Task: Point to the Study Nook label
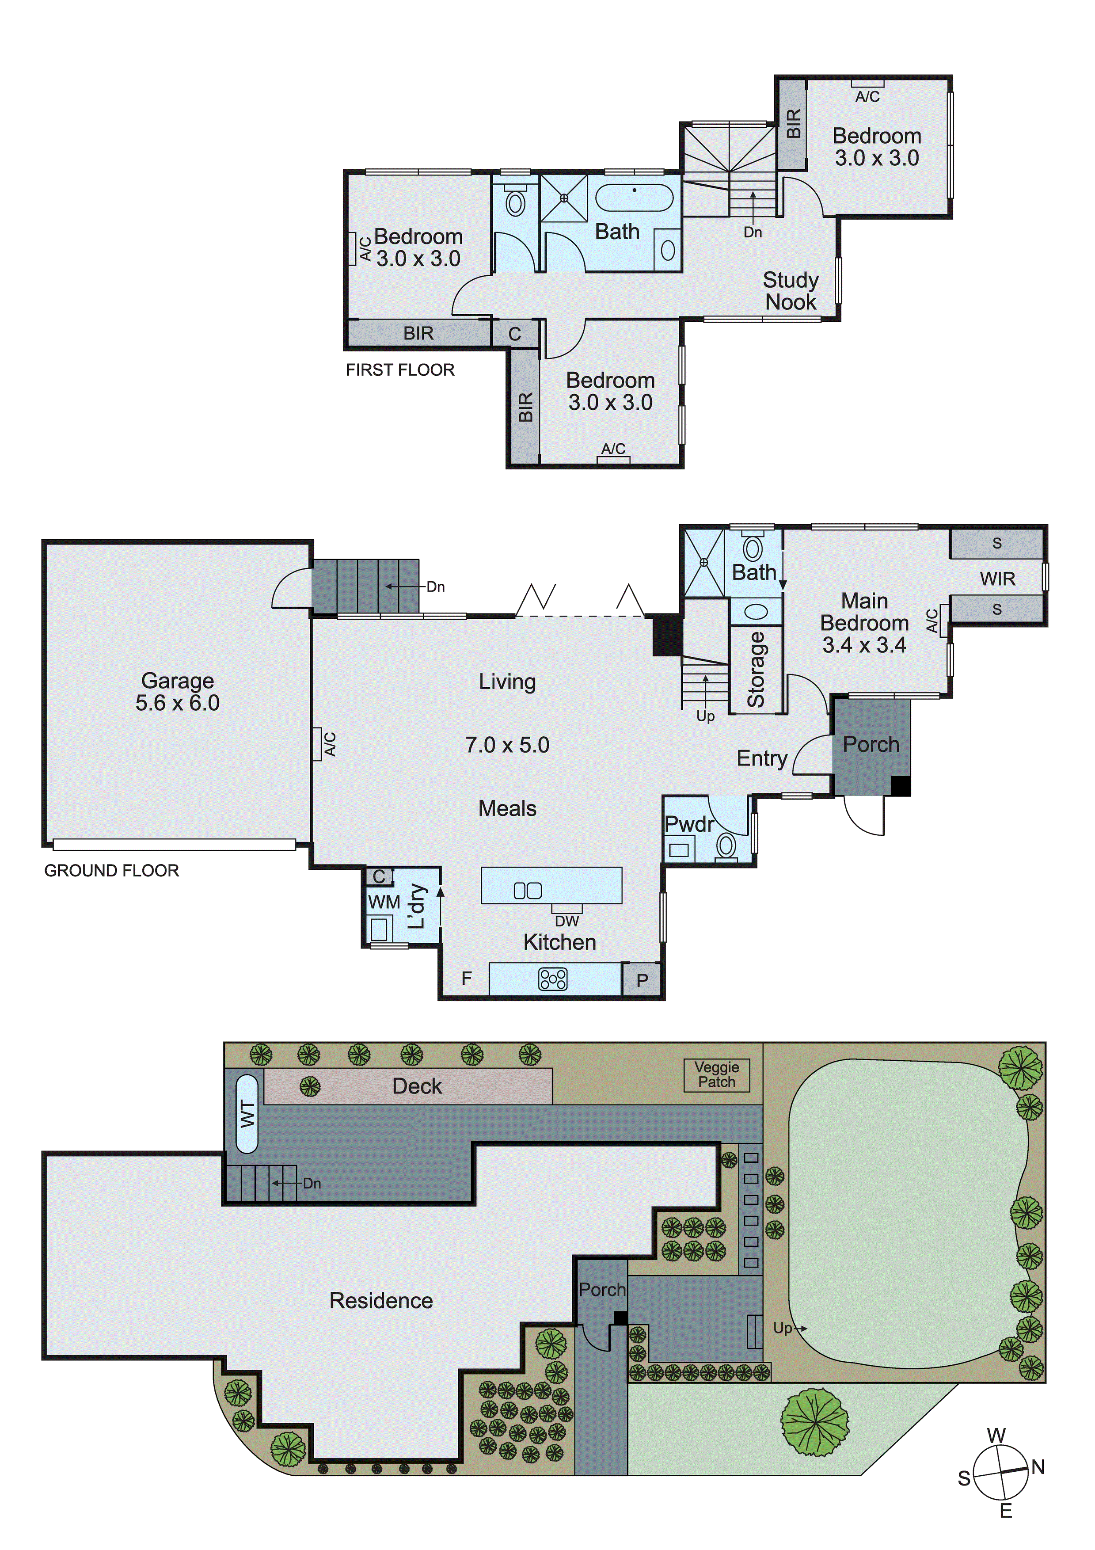791,291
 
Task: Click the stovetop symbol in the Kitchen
553,979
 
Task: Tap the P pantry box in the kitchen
642,980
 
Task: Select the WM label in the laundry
384,902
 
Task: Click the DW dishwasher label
567,920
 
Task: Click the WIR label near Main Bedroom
997,579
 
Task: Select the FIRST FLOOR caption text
400,370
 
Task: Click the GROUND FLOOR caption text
111,870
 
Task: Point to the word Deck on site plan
417,1086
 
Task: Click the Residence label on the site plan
381,1301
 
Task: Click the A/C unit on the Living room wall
316,744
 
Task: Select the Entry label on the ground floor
761,758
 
